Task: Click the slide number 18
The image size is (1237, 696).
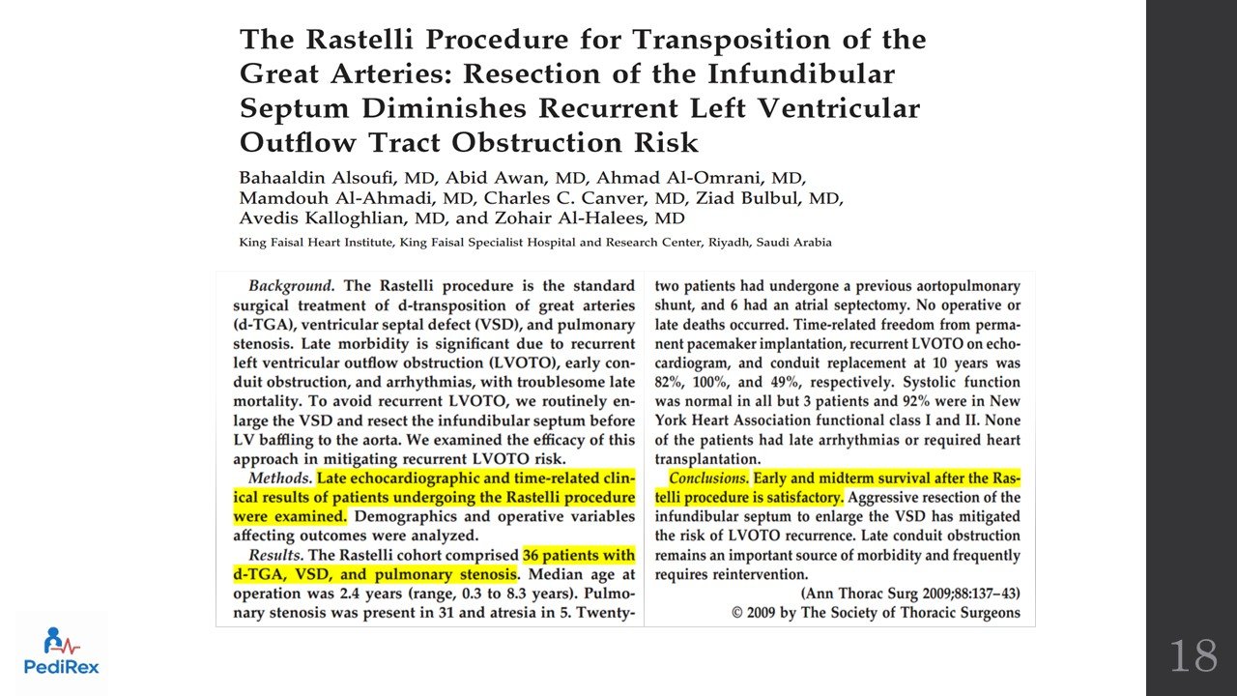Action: tap(1194, 656)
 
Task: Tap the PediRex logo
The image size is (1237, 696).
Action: tap(62, 652)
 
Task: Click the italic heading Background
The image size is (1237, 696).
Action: tap(291, 286)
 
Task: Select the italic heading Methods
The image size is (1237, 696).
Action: tap(279, 478)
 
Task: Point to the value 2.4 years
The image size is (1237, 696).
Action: tap(353, 594)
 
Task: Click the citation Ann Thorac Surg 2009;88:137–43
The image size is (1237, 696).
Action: tap(910, 594)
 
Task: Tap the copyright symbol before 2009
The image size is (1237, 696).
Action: tap(738, 613)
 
